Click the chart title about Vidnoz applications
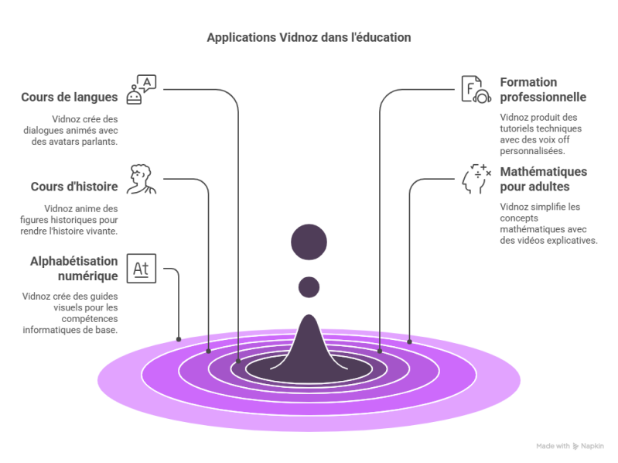tap(309, 36)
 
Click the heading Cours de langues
tap(70, 98)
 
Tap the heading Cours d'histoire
tap(74, 187)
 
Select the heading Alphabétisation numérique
tap(74, 268)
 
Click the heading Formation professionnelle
tap(542, 90)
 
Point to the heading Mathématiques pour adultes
tap(543, 180)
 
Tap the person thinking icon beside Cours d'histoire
tap(142, 179)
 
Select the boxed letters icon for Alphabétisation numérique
tap(142, 269)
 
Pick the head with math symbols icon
tap(475, 179)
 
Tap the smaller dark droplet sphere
tap(309, 286)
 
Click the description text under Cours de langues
tap(85, 131)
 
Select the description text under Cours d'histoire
tap(80, 220)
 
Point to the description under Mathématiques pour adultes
tap(548, 224)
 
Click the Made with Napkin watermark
tap(570, 446)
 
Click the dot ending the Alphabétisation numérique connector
tap(179, 338)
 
